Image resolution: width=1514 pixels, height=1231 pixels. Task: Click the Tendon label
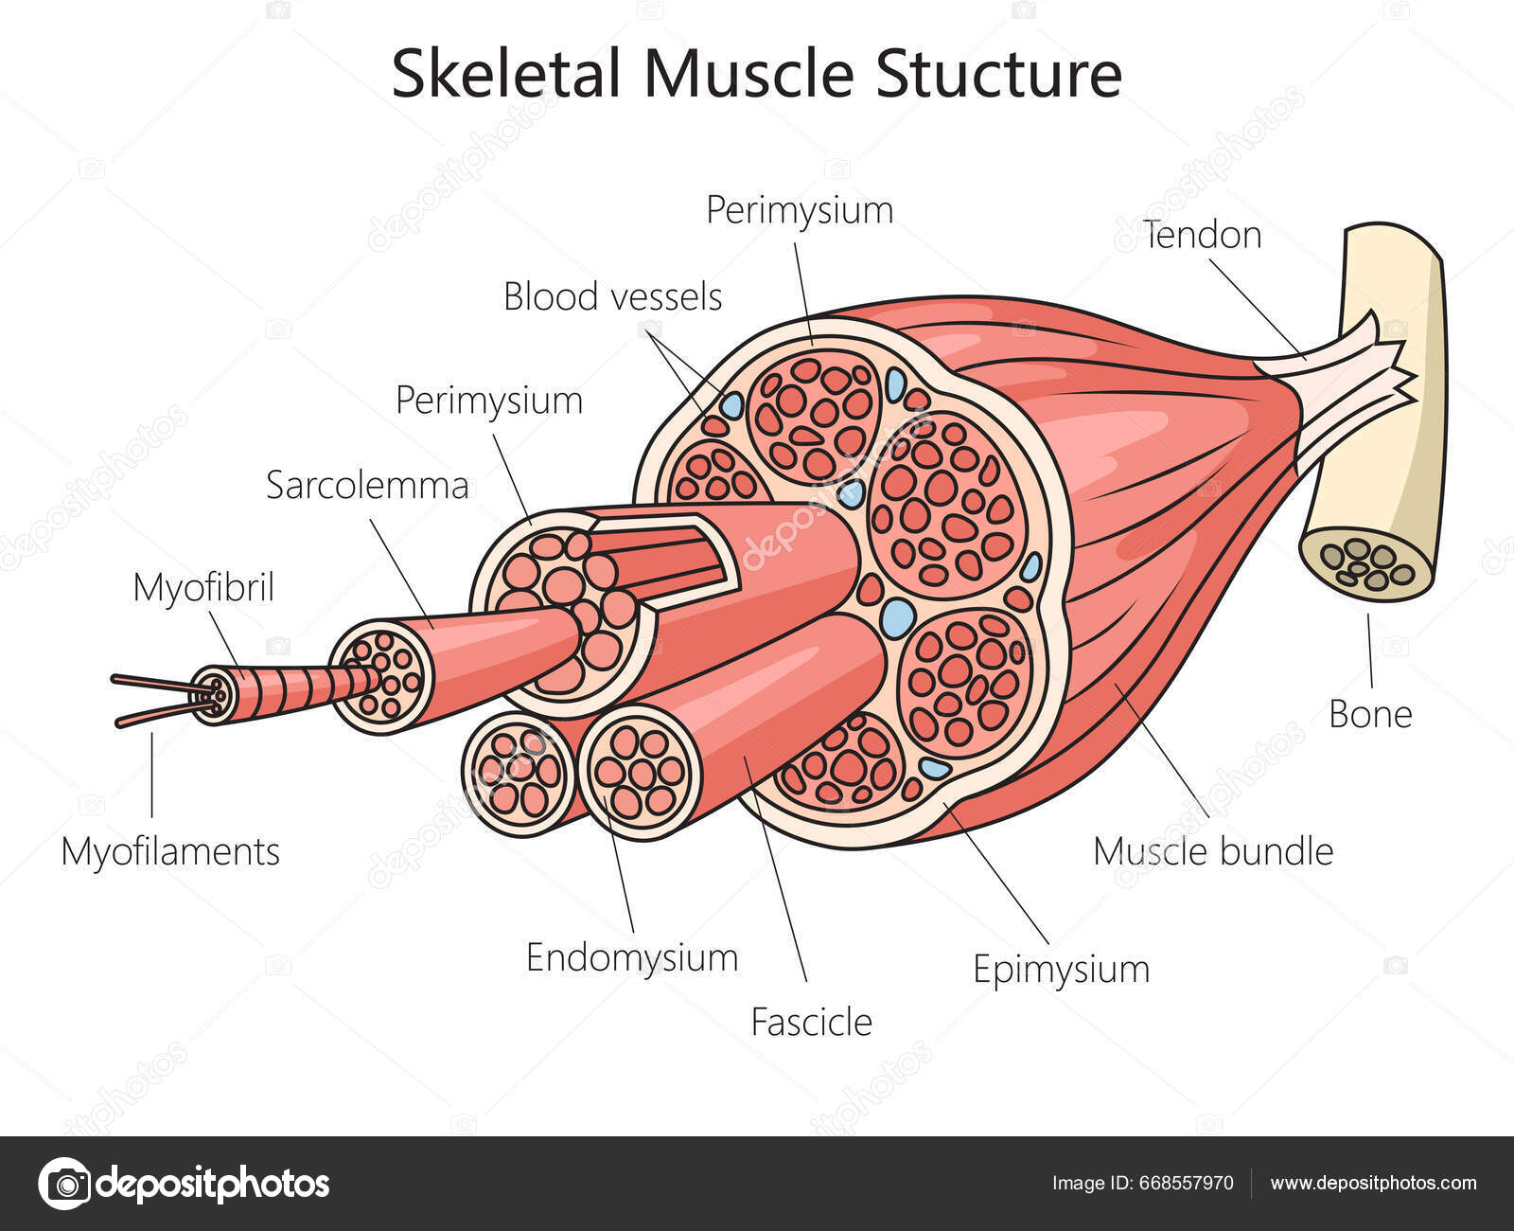(x=1202, y=235)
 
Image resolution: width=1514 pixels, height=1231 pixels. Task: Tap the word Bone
(x=1369, y=714)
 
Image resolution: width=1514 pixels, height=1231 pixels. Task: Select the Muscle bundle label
(x=1212, y=851)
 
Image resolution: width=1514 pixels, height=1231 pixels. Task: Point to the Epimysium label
(x=1061, y=970)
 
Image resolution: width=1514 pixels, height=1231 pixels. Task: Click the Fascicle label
(x=811, y=1023)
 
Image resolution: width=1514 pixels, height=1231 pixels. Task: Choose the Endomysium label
(x=631, y=957)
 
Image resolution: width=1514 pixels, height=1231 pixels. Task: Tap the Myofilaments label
(x=170, y=851)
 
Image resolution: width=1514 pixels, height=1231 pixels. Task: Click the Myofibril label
(x=203, y=587)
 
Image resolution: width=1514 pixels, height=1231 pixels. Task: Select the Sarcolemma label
(x=367, y=486)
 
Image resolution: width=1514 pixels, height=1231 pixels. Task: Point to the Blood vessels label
(x=612, y=297)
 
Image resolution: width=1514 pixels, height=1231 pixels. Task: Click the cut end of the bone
(x=1367, y=564)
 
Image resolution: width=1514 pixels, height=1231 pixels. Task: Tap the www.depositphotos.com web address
(x=1373, y=1183)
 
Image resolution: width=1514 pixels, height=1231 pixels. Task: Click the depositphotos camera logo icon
(x=64, y=1184)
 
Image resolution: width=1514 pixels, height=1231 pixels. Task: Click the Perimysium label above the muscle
(x=800, y=210)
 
